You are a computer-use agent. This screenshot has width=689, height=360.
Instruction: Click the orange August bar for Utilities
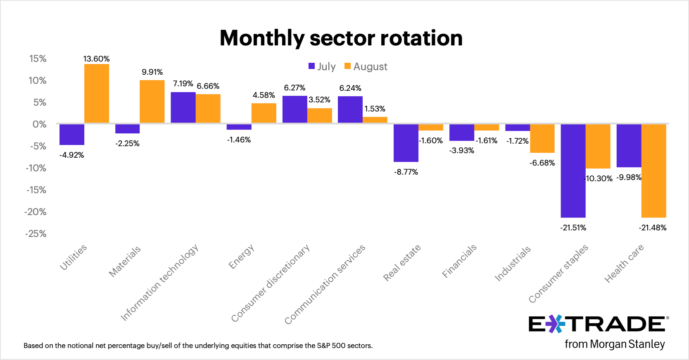97,93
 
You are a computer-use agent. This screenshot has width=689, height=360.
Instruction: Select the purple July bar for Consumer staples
573,171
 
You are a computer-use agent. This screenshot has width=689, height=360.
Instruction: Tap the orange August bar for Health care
653,171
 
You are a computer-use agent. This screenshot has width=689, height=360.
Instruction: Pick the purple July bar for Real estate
406,143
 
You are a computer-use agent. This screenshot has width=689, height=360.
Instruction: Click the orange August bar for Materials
152,102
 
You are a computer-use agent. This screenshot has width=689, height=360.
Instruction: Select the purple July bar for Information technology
183,107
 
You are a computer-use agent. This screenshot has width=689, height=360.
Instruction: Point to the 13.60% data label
96,59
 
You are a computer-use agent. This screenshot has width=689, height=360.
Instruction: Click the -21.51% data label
573,228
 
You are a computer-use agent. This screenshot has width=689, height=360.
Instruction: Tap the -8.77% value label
406,172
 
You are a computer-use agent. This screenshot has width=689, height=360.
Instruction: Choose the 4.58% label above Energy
264,95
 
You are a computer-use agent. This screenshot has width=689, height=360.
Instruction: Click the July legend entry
322,66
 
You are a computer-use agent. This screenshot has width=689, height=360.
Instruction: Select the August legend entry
366,66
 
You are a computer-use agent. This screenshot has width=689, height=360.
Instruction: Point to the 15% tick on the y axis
38,59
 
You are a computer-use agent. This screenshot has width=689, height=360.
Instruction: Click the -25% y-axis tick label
36,234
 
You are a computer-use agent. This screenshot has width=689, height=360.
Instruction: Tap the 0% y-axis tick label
40,125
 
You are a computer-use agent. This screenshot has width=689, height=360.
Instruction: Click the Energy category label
241,256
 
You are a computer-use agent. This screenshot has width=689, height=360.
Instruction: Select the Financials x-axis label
459,261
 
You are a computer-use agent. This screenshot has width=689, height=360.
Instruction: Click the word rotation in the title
421,38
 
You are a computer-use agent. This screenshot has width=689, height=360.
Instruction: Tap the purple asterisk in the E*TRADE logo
555,324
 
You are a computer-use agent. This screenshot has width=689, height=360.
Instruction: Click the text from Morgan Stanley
615,344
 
